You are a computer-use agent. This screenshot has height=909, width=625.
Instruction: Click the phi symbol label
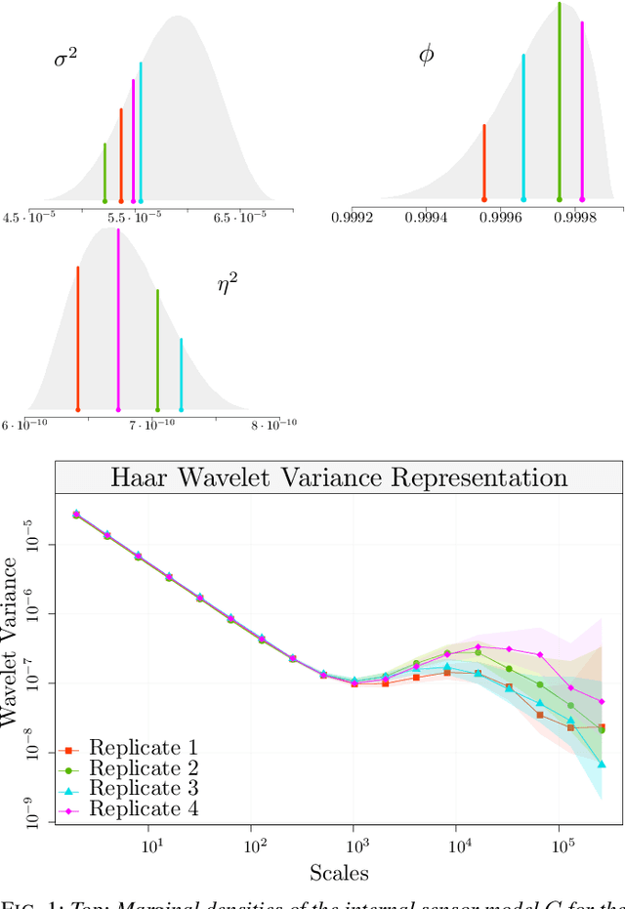426,55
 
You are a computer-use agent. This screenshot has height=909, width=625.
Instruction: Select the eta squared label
227,284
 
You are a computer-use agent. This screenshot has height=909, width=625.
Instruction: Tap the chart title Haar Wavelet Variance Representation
339,477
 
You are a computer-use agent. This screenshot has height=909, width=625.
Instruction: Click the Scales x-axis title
339,872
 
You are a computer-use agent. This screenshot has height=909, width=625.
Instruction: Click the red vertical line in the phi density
484,162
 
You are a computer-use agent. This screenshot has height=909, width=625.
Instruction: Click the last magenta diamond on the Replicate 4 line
602,701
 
